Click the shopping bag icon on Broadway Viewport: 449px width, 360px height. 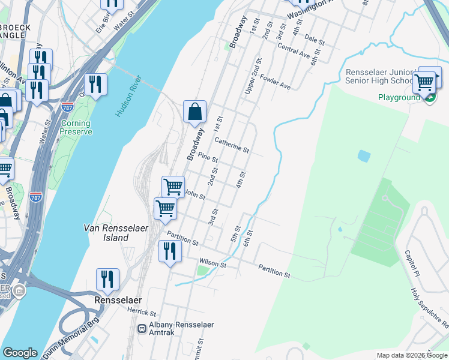pyautogui.click(x=194, y=112)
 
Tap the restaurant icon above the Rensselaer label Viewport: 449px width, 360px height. pyautogui.click(x=107, y=279)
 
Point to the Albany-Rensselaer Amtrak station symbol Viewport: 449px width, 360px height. pyautogui.click(x=142, y=328)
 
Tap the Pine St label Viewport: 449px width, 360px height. pyautogui.click(x=208, y=158)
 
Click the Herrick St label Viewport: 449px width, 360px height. pyautogui.click(x=142, y=313)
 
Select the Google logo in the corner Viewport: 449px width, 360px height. pyautogui.click(x=20, y=353)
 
